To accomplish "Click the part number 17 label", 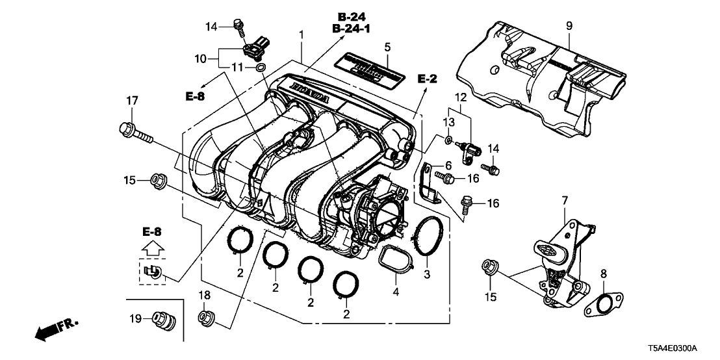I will pos(132,101).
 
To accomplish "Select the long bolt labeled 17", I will pos(135,133).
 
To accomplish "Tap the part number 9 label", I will pos(569,26).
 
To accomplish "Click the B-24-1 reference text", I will pos(356,29).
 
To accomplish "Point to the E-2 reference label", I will pos(427,79).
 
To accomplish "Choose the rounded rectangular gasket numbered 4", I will pos(396,261).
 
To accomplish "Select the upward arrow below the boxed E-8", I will pos(153,248).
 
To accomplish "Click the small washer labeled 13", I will pos(450,140).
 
